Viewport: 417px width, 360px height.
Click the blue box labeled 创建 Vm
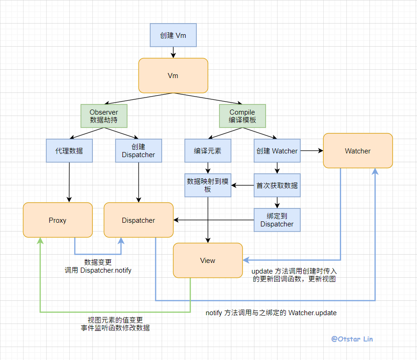tap(173, 35)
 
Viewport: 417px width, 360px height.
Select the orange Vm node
tap(173, 76)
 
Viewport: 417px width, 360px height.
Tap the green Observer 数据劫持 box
tap(104, 116)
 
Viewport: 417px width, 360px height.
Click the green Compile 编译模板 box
tap(242, 116)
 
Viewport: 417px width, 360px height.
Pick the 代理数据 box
tap(69, 151)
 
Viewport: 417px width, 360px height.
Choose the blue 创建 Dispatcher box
tap(139, 151)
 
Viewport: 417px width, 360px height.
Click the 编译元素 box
tap(208, 151)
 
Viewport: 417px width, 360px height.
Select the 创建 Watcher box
tap(277, 151)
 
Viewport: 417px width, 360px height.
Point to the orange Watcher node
tap(358, 151)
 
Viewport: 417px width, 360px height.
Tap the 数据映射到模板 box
tap(208, 185)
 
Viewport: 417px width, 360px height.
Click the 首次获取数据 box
tap(277, 185)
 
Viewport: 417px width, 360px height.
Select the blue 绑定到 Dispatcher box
tap(277, 220)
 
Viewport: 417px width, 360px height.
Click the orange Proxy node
tap(58, 220)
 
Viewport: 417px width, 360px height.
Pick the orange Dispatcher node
tap(139, 220)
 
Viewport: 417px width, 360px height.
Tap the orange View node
tap(208, 261)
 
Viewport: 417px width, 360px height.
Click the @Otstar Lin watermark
tap(352, 339)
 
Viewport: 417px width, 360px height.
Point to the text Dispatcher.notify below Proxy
tap(106, 270)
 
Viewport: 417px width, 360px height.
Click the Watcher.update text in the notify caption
tap(313, 313)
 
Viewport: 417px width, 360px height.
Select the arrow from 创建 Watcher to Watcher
tap(312, 151)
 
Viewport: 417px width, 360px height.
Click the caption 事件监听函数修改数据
tap(115, 328)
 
